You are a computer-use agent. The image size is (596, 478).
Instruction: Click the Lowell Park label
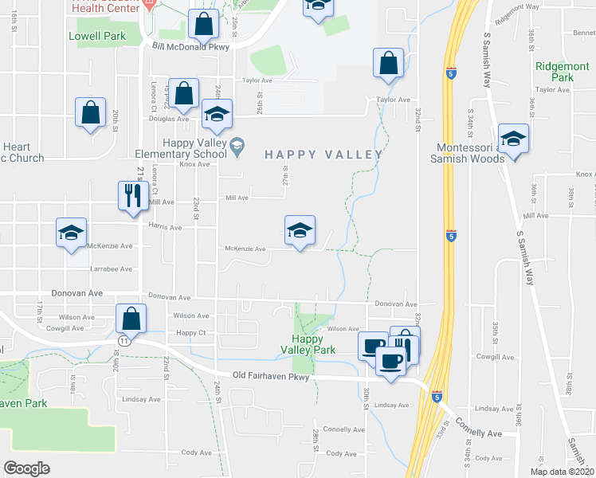tap(97, 37)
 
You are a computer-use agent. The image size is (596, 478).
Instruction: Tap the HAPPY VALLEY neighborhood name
tap(319, 155)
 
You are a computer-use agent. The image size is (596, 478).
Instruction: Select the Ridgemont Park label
tap(555, 72)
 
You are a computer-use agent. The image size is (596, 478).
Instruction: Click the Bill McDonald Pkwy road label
tap(190, 47)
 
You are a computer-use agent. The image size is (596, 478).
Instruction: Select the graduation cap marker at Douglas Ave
tap(216, 114)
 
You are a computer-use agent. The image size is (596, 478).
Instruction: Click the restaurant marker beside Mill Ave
tap(131, 194)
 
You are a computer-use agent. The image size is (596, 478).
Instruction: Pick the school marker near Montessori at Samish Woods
tap(513, 139)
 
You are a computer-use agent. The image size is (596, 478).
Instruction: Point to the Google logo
tap(26, 468)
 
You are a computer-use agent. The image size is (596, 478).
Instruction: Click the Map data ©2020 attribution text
tap(562, 472)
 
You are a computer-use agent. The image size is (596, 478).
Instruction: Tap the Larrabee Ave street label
tap(111, 269)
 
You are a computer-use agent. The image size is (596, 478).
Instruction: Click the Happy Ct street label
tap(191, 333)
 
